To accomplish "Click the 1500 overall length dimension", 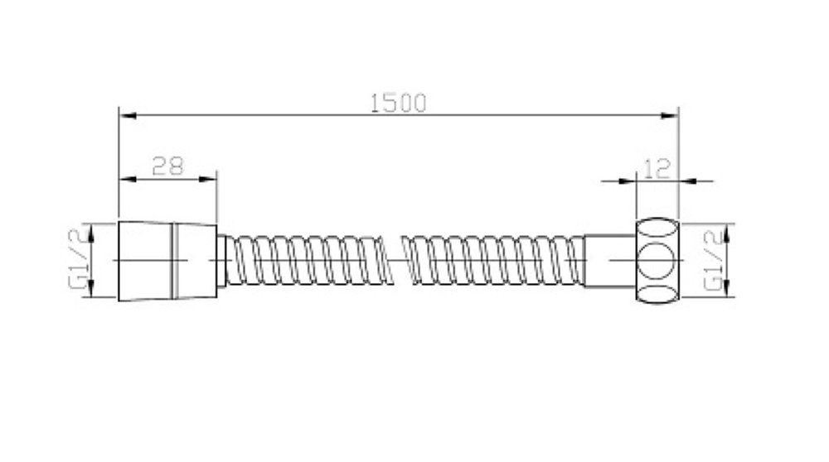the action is coord(398,103).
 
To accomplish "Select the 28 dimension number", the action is coord(167,166).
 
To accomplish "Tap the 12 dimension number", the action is coord(657,169).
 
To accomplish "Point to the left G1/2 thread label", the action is coord(78,260).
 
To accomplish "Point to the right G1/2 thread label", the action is coord(714,260).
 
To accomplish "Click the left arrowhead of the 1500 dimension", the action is coord(128,115).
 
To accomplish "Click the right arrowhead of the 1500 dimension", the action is coord(670,115).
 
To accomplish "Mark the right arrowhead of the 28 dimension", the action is coord(208,180).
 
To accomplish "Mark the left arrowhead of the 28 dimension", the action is coord(128,180).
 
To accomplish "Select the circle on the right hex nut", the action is coord(657,260).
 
